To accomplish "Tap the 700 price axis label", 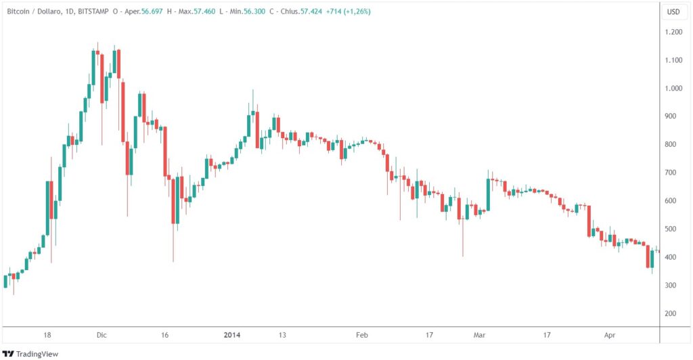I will click(x=673, y=173).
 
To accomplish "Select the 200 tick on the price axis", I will click(x=673, y=314).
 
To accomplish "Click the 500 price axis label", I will click(x=673, y=229).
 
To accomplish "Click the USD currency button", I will click(x=673, y=12).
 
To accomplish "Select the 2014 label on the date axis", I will click(x=232, y=335).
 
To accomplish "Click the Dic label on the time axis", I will click(x=102, y=335).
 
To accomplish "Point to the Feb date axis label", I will click(x=362, y=335).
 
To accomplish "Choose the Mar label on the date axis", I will click(x=480, y=335).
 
